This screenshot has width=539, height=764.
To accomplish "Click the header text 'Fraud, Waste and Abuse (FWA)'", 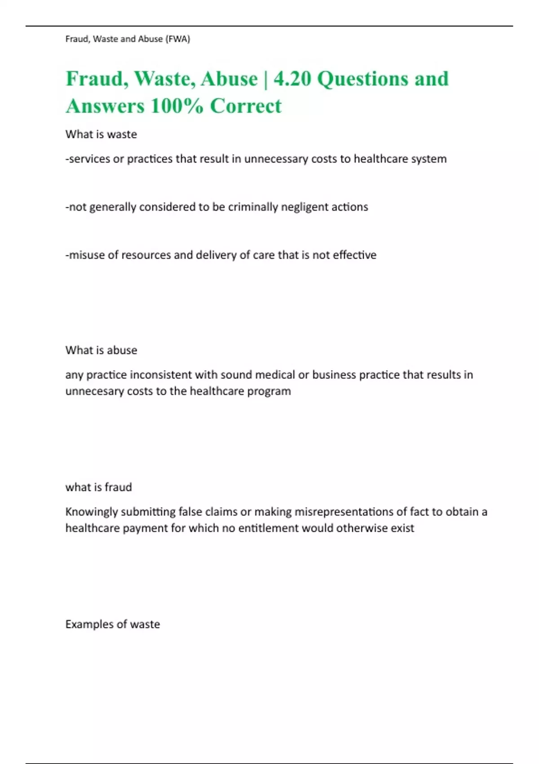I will [x=128, y=39].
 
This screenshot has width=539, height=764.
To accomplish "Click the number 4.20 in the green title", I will [x=292, y=79].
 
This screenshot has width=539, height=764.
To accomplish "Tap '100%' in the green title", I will [x=177, y=107].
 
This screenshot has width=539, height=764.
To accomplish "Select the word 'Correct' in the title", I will [x=246, y=107].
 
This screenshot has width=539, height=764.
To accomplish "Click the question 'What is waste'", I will [x=101, y=134].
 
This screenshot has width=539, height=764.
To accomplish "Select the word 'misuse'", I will [x=87, y=255].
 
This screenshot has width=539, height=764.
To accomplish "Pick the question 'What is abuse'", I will [x=101, y=351].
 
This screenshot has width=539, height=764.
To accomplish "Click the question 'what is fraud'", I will [x=98, y=488].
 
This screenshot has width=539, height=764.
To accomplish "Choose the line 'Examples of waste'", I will [x=112, y=625].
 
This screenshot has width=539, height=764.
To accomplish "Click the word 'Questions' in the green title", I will [x=363, y=79].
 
